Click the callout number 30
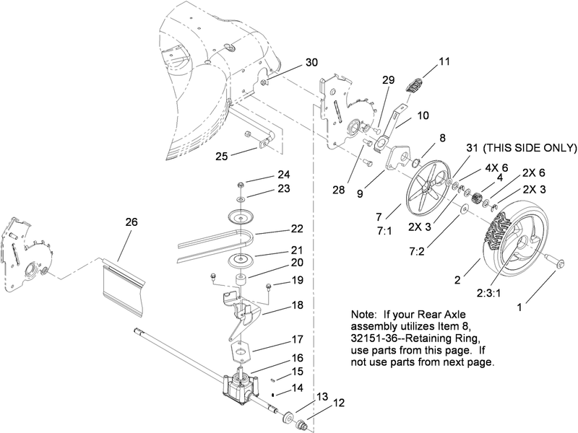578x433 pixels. pyautogui.click(x=311, y=63)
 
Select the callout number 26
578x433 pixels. pyautogui.click(x=131, y=223)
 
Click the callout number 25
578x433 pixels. pyautogui.click(x=222, y=155)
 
